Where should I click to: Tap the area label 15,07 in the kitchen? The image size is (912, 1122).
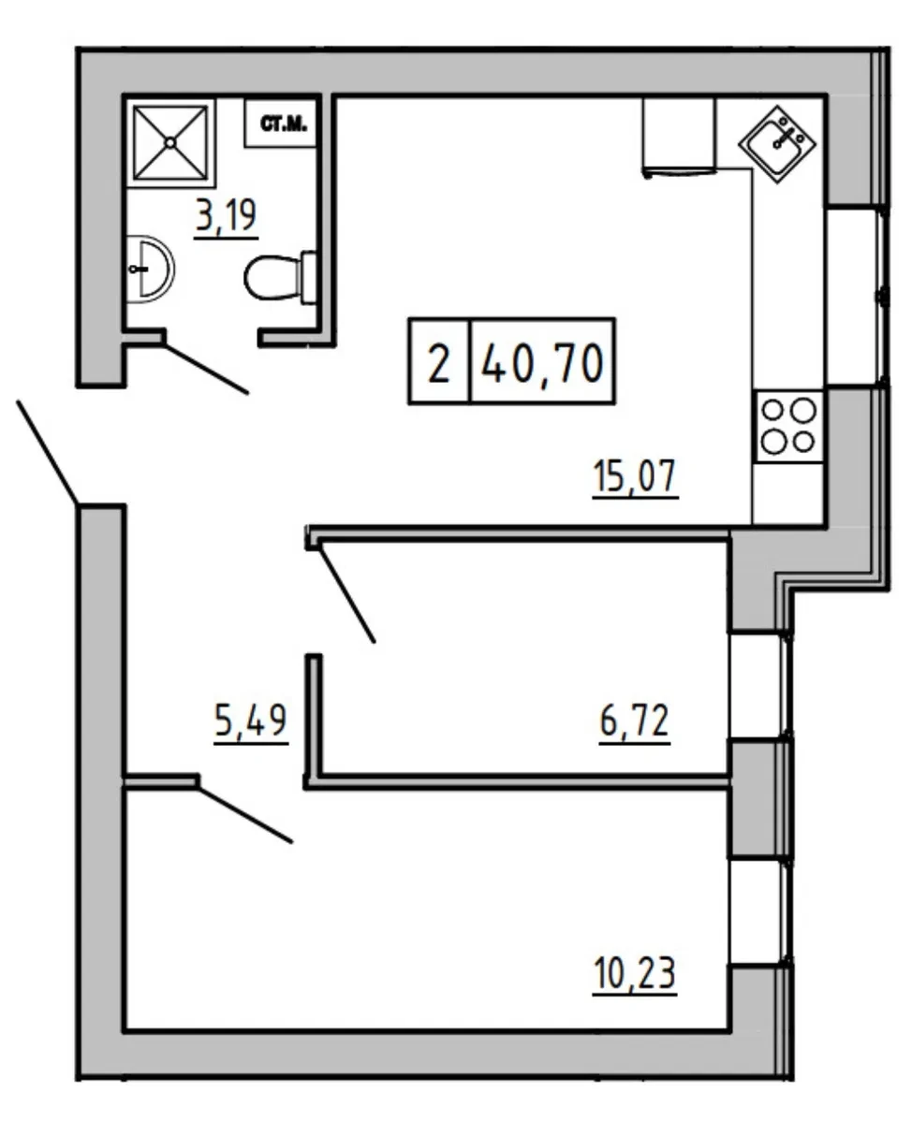635,476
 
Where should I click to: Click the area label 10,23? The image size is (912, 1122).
634,974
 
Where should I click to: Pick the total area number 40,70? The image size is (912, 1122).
543,363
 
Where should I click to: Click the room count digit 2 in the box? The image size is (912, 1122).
439,363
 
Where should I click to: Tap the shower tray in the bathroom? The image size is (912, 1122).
171,142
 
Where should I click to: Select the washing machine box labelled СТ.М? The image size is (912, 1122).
281,124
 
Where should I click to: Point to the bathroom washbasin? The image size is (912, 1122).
151,270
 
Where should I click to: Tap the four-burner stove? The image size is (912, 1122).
788,427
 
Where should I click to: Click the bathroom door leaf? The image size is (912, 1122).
207,370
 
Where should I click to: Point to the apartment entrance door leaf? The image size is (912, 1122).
48,452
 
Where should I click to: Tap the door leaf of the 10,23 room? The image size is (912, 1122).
244,815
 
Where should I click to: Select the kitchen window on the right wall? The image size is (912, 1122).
855,297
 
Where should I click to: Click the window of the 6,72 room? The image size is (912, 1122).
758,686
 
